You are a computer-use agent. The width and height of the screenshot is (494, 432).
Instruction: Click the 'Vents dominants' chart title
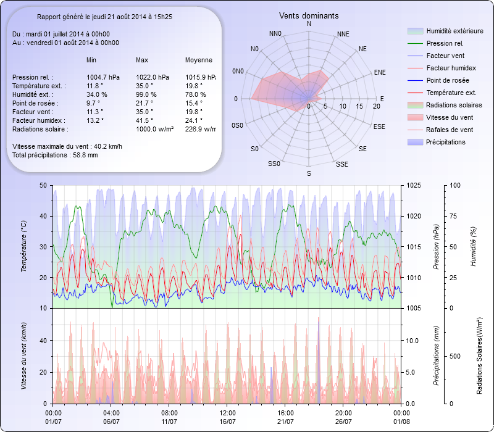[x=309, y=15]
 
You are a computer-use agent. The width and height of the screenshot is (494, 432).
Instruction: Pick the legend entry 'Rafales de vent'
[x=450, y=130]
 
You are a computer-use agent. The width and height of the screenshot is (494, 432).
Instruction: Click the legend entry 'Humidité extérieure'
[x=455, y=31]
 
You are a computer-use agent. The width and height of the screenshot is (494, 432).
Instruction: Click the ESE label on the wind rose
[x=380, y=126]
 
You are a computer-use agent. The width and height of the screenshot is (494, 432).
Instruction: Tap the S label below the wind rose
[x=309, y=175]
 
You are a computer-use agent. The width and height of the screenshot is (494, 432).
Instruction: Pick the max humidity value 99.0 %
[x=146, y=94]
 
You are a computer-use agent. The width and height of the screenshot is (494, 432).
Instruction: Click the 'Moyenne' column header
[x=199, y=60]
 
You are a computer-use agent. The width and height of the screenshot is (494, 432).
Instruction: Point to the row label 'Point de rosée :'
[x=36, y=103]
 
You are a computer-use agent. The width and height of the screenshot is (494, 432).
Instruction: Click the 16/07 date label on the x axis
[x=228, y=422]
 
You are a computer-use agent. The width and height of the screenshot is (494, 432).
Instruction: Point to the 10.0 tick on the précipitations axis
[x=412, y=341]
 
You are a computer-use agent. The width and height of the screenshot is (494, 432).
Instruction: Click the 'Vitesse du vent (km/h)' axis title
[x=23, y=355]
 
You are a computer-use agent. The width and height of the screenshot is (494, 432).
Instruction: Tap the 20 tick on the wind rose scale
[x=376, y=106]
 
